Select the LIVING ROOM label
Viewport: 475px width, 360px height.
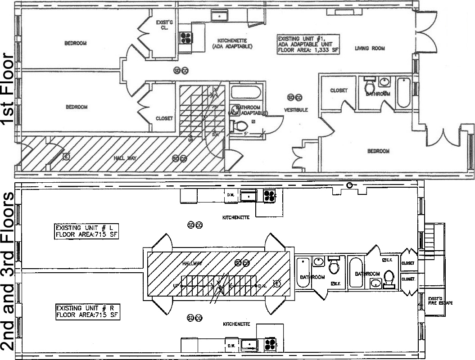click(x=369, y=49)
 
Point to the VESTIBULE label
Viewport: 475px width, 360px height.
click(x=296, y=110)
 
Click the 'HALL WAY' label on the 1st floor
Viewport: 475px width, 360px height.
click(x=125, y=158)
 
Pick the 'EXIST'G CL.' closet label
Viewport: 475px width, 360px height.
click(x=162, y=24)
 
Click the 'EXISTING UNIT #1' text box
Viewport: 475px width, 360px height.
click(x=308, y=45)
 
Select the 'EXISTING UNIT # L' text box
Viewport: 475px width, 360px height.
click(x=86, y=231)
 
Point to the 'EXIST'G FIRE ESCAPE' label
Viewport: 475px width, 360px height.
click(x=439, y=301)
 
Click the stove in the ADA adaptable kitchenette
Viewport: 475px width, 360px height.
click(x=185, y=37)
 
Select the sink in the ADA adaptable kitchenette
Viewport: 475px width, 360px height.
click(x=220, y=16)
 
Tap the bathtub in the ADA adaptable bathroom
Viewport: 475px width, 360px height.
click(x=246, y=93)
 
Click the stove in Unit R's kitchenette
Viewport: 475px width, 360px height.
click(x=270, y=344)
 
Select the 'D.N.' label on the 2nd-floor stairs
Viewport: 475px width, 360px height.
click(x=262, y=286)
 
